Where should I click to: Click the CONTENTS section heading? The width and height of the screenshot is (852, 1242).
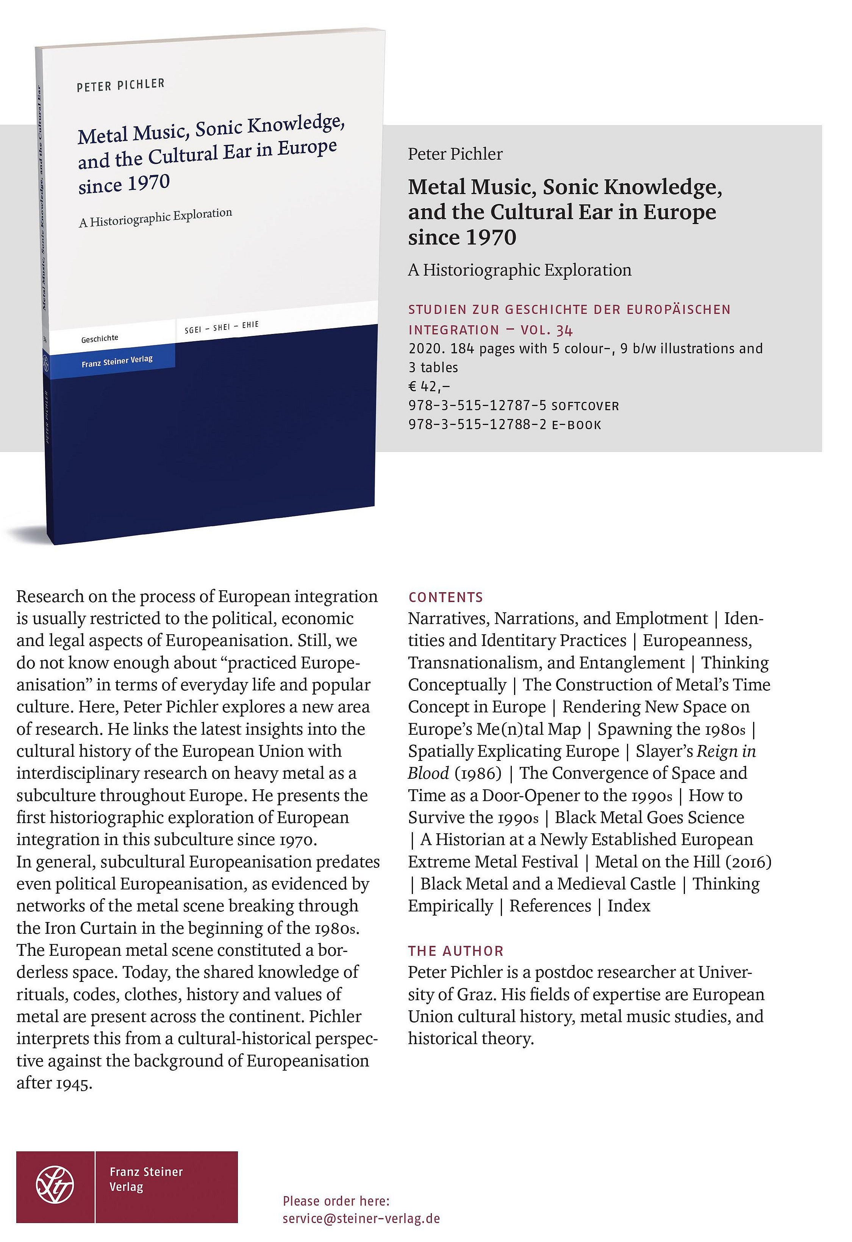[x=446, y=597]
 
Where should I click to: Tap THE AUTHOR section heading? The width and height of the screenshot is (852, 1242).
[x=456, y=951]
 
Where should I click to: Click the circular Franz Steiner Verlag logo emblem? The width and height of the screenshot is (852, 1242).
[x=55, y=1185]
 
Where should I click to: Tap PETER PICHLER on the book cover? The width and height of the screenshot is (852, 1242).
[x=121, y=85]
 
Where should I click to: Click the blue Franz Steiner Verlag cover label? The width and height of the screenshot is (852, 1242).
[x=117, y=361]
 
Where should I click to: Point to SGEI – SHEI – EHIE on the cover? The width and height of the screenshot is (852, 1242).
[x=221, y=327]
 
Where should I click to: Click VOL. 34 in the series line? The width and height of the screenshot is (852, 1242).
[x=546, y=330]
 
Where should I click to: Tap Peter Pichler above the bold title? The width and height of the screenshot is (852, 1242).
[x=455, y=154]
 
